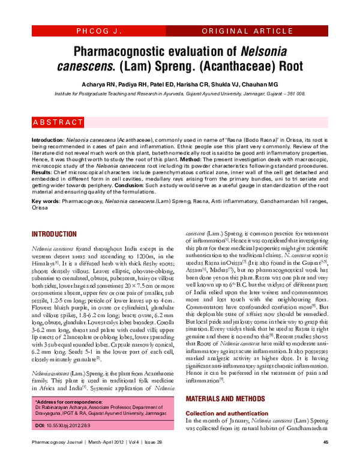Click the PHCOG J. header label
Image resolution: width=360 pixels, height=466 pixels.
pos(99,29)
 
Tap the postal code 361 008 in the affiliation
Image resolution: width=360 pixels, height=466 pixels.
pos(295,94)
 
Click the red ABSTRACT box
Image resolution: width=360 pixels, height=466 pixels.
pos(58,123)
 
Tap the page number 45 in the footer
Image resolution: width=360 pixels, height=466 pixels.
pos(326,460)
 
